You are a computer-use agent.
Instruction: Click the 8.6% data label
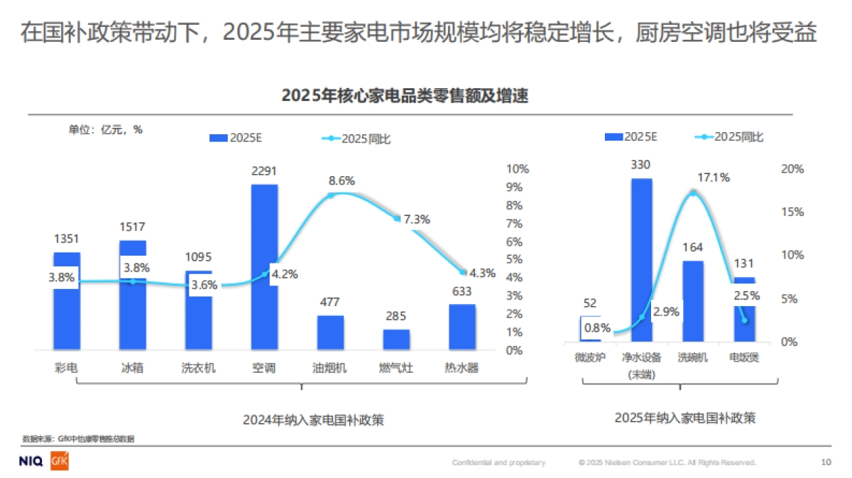[x=342, y=180]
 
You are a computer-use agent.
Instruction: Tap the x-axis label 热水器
[x=461, y=368]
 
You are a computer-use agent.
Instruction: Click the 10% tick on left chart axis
[x=517, y=169]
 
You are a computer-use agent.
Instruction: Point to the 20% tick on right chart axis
[x=792, y=169]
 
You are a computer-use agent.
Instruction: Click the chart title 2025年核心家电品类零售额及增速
[x=405, y=96]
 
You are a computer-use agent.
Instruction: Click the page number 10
[x=826, y=462]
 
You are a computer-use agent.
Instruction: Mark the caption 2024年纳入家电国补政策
[x=303, y=420]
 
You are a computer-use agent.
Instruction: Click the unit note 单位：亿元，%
[x=105, y=129]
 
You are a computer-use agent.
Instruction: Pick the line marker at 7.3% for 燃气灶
[x=397, y=219]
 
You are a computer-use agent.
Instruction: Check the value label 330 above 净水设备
[x=640, y=165]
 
